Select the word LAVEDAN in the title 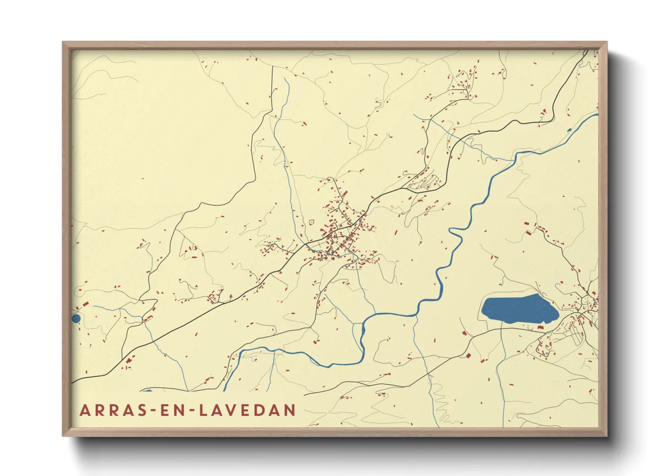[x=247, y=410]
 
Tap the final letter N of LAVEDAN [x=290, y=410]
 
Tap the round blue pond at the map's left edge [x=76, y=319]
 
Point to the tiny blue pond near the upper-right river [x=569, y=130]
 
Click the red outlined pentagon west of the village [x=311, y=222]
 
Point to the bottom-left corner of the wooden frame [x=63, y=436]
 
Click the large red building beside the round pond [x=85, y=305]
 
